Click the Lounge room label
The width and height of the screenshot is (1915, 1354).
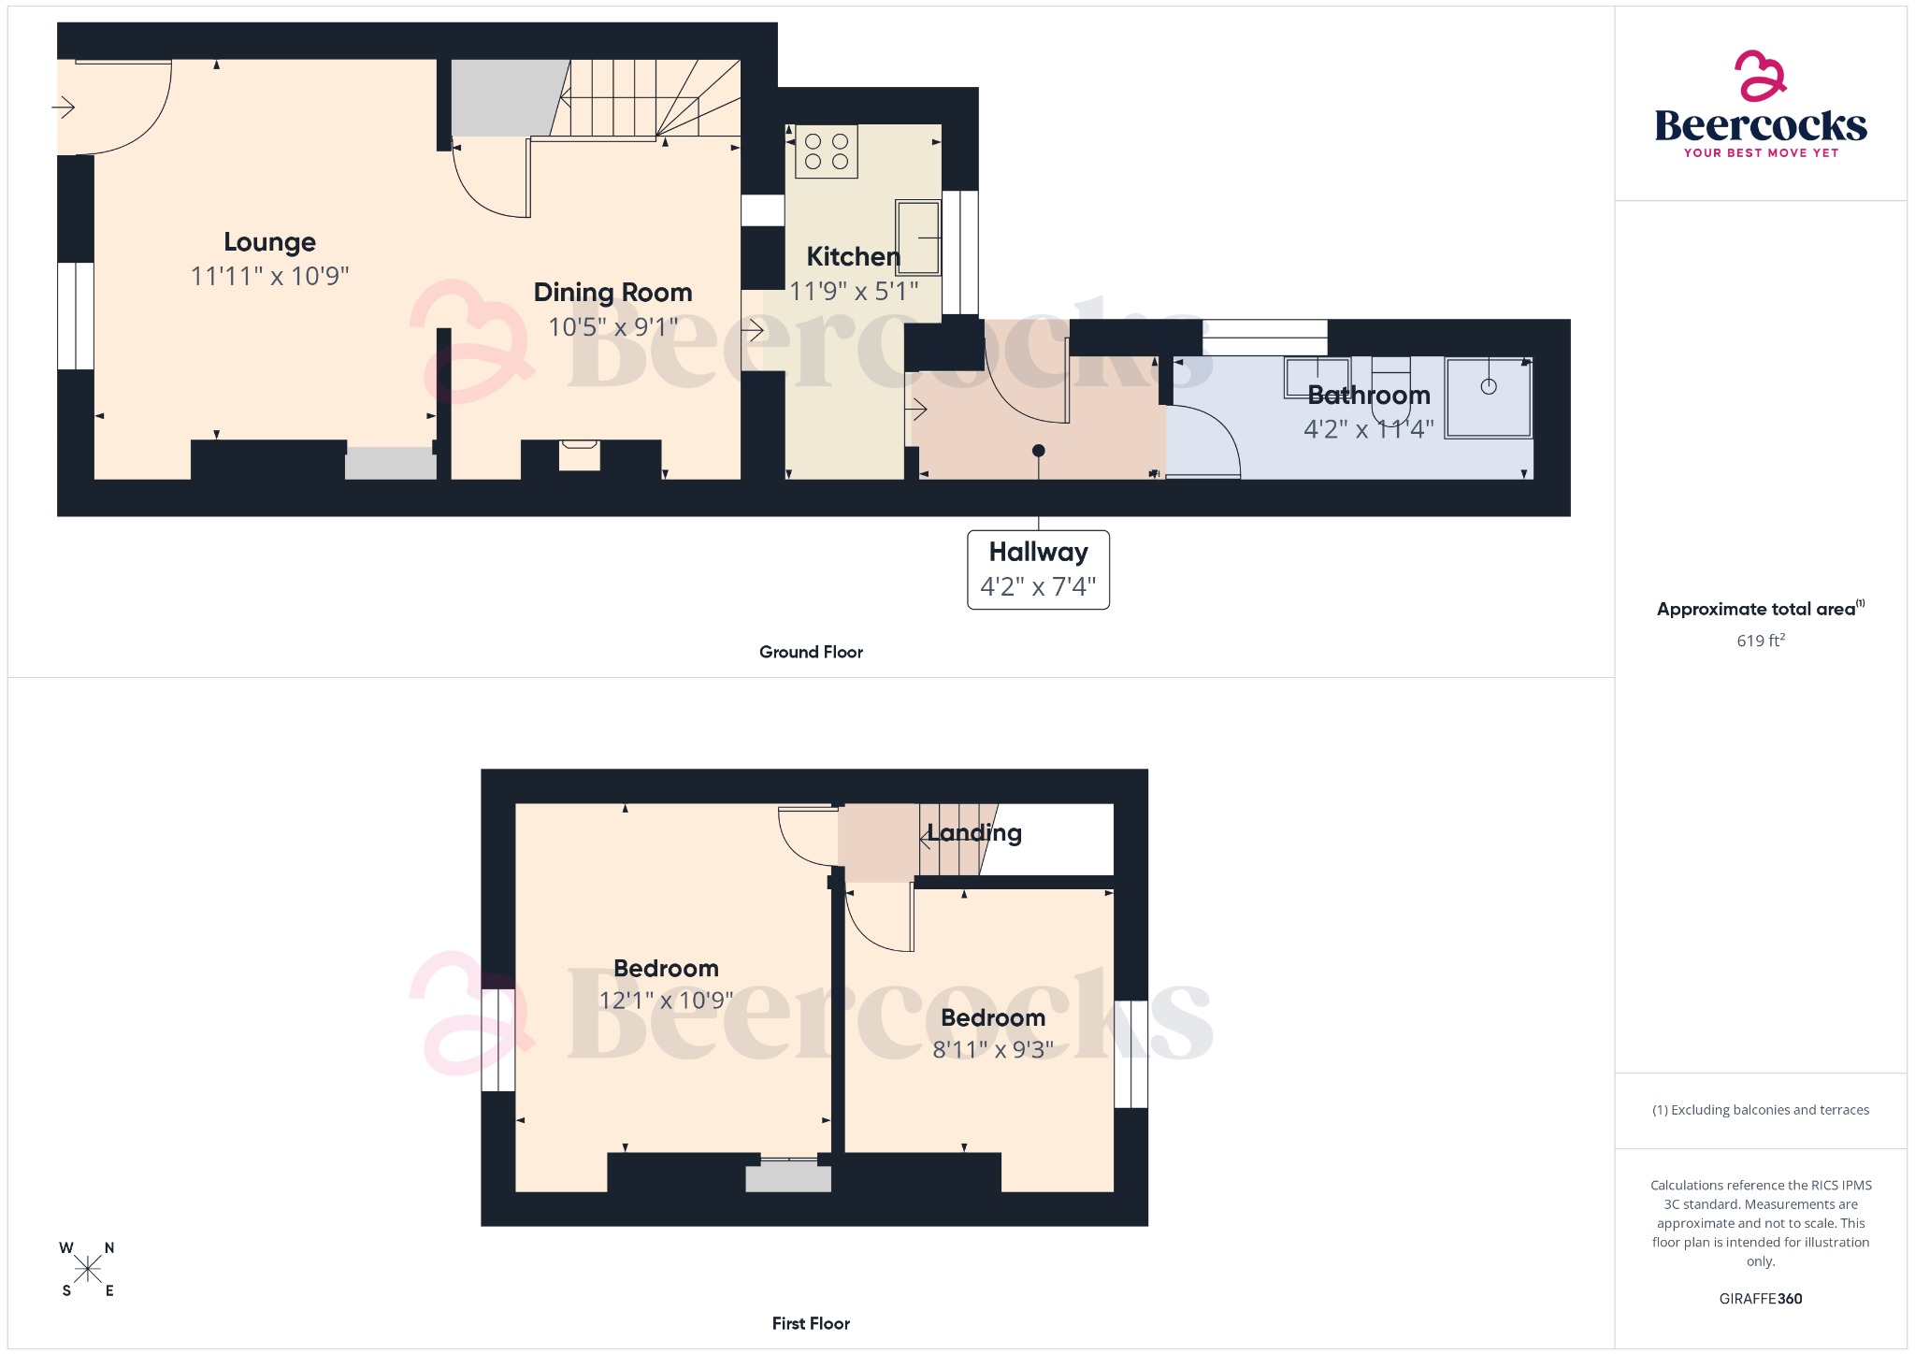269,242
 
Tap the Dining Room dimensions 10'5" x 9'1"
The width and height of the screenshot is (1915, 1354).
612,327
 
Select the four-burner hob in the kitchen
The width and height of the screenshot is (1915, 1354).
827,151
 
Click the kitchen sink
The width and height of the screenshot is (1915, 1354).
918,238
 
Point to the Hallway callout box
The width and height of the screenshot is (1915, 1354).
1038,569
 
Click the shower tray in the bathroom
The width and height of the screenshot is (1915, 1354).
1489,397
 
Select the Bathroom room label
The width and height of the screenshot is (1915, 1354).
1369,396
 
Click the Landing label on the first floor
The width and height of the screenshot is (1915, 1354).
974,833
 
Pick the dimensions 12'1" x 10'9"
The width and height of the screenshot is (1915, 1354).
666,1001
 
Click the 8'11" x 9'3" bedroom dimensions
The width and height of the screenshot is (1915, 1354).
993,1050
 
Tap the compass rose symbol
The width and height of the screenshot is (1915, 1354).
88,1270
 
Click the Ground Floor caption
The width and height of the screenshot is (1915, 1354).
811,653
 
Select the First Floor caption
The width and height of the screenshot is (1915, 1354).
811,1324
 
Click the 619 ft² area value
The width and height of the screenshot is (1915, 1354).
1760,641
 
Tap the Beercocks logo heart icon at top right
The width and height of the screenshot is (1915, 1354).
1760,76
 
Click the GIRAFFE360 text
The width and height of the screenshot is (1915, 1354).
1760,1299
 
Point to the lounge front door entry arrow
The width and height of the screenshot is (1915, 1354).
64,108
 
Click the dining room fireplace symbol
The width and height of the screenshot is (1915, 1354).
579,455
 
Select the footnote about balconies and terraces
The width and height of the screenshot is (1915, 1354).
1760,1110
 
